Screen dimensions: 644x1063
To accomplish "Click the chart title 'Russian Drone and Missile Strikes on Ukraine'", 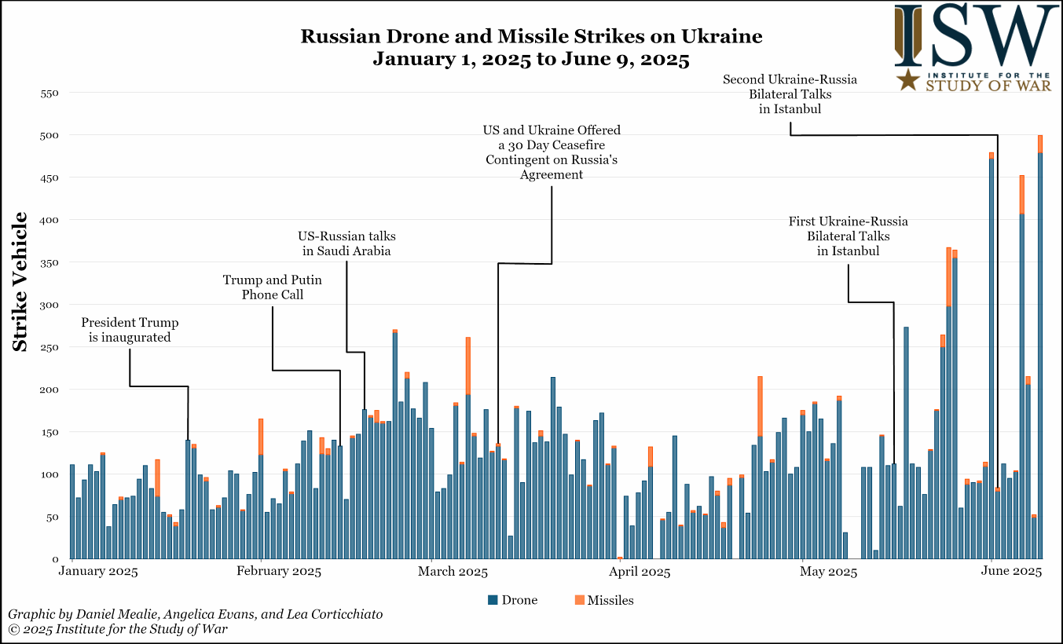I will [x=531, y=37].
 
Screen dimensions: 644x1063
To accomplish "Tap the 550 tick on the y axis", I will [x=49, y=93].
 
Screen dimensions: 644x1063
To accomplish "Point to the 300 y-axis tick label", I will [x=49, y=305].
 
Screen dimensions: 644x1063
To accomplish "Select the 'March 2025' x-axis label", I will [x=453, y=571].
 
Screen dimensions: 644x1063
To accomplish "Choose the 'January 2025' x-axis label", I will [x=98, y=571].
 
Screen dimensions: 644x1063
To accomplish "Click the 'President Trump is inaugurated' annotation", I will [x=130, y=330].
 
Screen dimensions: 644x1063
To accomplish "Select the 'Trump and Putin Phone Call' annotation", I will [x=272, y=287].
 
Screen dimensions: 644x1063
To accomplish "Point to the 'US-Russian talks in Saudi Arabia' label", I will [x=346, y=243].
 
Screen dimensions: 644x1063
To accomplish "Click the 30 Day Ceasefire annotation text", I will [x=552, y=152].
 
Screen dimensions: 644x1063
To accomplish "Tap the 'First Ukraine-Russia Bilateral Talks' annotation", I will [x=848, y=236].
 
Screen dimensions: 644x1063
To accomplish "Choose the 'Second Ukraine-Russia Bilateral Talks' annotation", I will [x=790, y=94].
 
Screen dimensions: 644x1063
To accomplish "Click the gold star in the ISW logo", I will [x=910, y=79].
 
